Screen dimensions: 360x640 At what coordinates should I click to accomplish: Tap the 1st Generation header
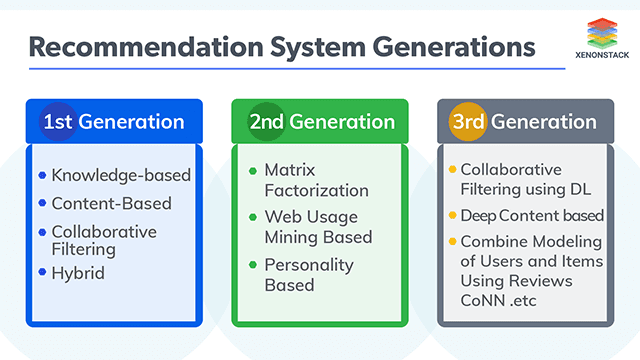[x=113, y=122]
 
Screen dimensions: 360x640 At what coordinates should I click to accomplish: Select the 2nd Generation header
[x=320, y=122]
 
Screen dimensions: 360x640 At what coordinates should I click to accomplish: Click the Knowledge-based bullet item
[x=121, y=175]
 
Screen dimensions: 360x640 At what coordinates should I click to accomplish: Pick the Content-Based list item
[x=111, y=203]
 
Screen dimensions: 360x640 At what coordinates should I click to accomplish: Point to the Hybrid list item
[x=78, y=272]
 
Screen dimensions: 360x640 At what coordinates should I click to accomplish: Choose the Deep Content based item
[x=531, y=216]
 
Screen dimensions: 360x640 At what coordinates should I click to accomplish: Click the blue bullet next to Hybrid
[x=42, y=272]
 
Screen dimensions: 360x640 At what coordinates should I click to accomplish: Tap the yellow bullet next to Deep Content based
[x=453, y=216]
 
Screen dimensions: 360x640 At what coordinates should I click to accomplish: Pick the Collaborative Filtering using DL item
[x=525, y=180]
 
